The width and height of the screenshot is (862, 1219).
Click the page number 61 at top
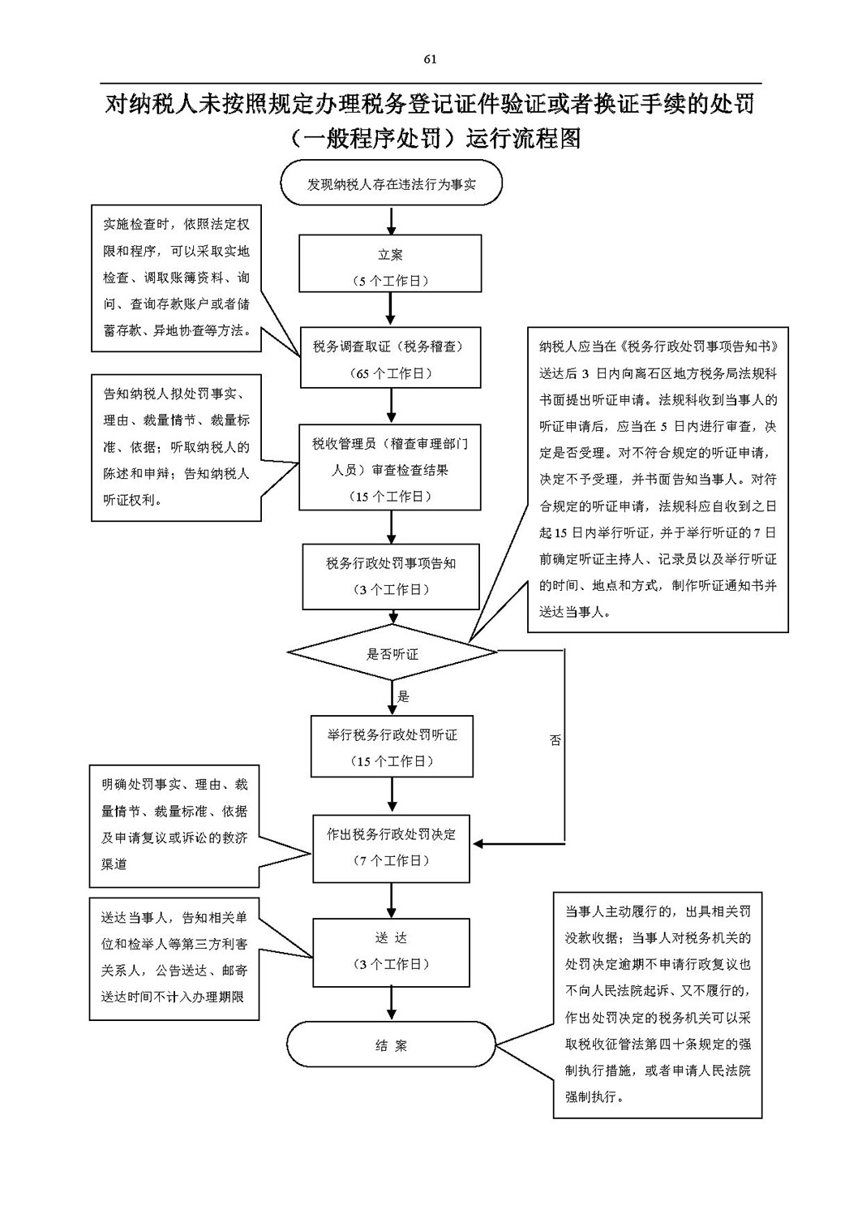pos(430,58)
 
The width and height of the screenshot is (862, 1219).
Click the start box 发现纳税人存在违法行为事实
pos(391,184)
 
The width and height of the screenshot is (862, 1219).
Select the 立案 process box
pos(391,264)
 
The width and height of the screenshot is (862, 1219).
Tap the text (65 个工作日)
pos(391,373)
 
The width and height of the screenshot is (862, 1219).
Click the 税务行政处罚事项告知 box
pos(391,576)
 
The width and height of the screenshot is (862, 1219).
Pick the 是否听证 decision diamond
pos(392,653)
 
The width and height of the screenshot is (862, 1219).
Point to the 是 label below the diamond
pos(403,696)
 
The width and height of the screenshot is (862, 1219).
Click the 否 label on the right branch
pos(555,740)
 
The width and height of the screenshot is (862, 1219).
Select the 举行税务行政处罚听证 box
pos(392,747)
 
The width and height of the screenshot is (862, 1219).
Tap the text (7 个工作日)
pos(391,860)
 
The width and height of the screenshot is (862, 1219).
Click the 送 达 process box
pos(391,950)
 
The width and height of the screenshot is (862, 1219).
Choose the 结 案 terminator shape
pos(391,1046)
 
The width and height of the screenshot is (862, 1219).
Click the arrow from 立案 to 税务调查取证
pos(391,309)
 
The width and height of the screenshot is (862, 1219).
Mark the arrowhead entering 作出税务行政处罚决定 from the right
pos(478,844)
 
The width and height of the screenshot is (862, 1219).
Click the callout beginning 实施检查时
pos(176,278)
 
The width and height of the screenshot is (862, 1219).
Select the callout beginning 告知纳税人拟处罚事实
pos(176,447)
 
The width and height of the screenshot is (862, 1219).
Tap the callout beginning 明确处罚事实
pos(174,825)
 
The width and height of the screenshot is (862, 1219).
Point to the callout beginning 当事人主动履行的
pos(658,1005)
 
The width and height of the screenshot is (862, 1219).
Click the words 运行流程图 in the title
pos(524,139)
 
